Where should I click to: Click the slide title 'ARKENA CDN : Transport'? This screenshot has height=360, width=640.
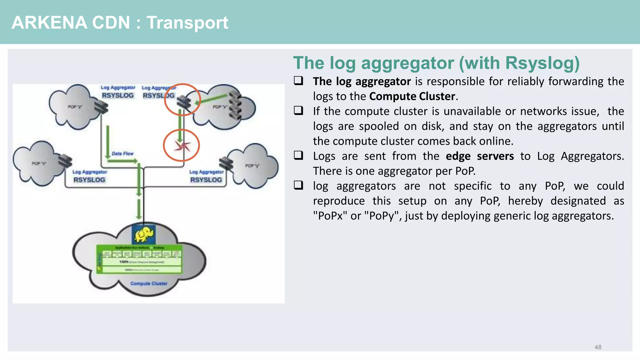120,22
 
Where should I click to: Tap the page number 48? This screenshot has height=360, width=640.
597,347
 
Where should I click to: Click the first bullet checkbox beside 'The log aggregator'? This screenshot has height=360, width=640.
298,81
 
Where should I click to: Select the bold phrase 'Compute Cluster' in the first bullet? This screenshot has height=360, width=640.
412,96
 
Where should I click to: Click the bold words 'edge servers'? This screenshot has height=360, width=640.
479,156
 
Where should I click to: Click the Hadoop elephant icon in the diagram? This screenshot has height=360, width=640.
143,234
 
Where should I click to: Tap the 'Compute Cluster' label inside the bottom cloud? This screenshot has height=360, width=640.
149,283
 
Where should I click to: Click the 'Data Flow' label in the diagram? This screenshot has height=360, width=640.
122,153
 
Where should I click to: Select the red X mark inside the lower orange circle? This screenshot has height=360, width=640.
182,146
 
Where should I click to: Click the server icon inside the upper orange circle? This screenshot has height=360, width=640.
184,102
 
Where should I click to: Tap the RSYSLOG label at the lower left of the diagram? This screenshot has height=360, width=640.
89,180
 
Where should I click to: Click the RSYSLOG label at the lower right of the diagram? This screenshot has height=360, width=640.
206,180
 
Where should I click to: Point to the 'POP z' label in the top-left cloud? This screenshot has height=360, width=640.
75,107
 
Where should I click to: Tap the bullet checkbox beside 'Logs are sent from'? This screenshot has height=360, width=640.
298,155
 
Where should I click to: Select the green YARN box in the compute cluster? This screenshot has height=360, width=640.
142,262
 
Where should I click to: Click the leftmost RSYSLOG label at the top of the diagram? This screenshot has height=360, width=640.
117,95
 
